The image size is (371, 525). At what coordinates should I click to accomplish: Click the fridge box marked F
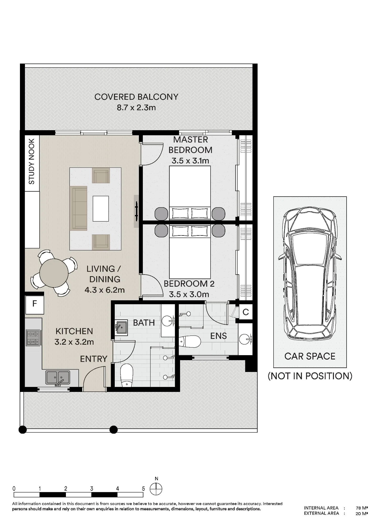tap(35, 304)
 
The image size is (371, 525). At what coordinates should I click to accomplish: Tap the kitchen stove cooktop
tap(33, 338)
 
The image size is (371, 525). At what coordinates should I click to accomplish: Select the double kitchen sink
tap(58, 378)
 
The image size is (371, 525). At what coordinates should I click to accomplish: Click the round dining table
tap(54, 273)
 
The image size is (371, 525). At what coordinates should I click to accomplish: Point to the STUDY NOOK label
tap(32, 161)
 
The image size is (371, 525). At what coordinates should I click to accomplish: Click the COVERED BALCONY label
tap(136, 97)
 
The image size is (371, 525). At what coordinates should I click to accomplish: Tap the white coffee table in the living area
tap(101, 209)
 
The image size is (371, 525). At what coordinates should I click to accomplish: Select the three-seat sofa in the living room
tap(78, 208)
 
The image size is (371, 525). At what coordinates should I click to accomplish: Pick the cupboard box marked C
tap(245, 312)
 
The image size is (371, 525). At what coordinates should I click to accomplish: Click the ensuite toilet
tap(190, 342)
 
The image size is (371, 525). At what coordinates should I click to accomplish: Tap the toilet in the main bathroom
tap(127, 375)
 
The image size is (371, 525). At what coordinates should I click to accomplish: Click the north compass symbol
tap(156, 489)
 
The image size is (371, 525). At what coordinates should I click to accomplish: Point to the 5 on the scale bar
tap(143, 489)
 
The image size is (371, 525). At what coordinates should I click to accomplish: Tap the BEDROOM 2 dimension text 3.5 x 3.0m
tap(189, 294)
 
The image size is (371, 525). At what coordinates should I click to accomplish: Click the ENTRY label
tap(94, 359)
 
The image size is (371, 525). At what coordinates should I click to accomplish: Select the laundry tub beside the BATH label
tap(121, 328)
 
